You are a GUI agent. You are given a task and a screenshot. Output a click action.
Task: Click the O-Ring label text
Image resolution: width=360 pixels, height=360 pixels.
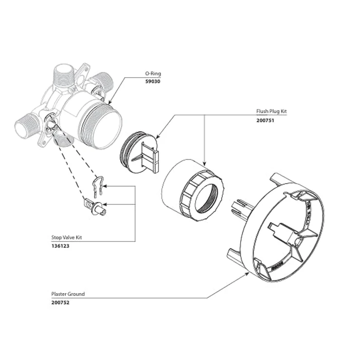click(153, 74)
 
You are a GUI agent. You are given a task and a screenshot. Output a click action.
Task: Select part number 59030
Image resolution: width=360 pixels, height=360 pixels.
click(153, 81)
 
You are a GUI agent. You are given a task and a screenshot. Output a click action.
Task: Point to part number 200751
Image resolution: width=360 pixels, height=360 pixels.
click(265, 121)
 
